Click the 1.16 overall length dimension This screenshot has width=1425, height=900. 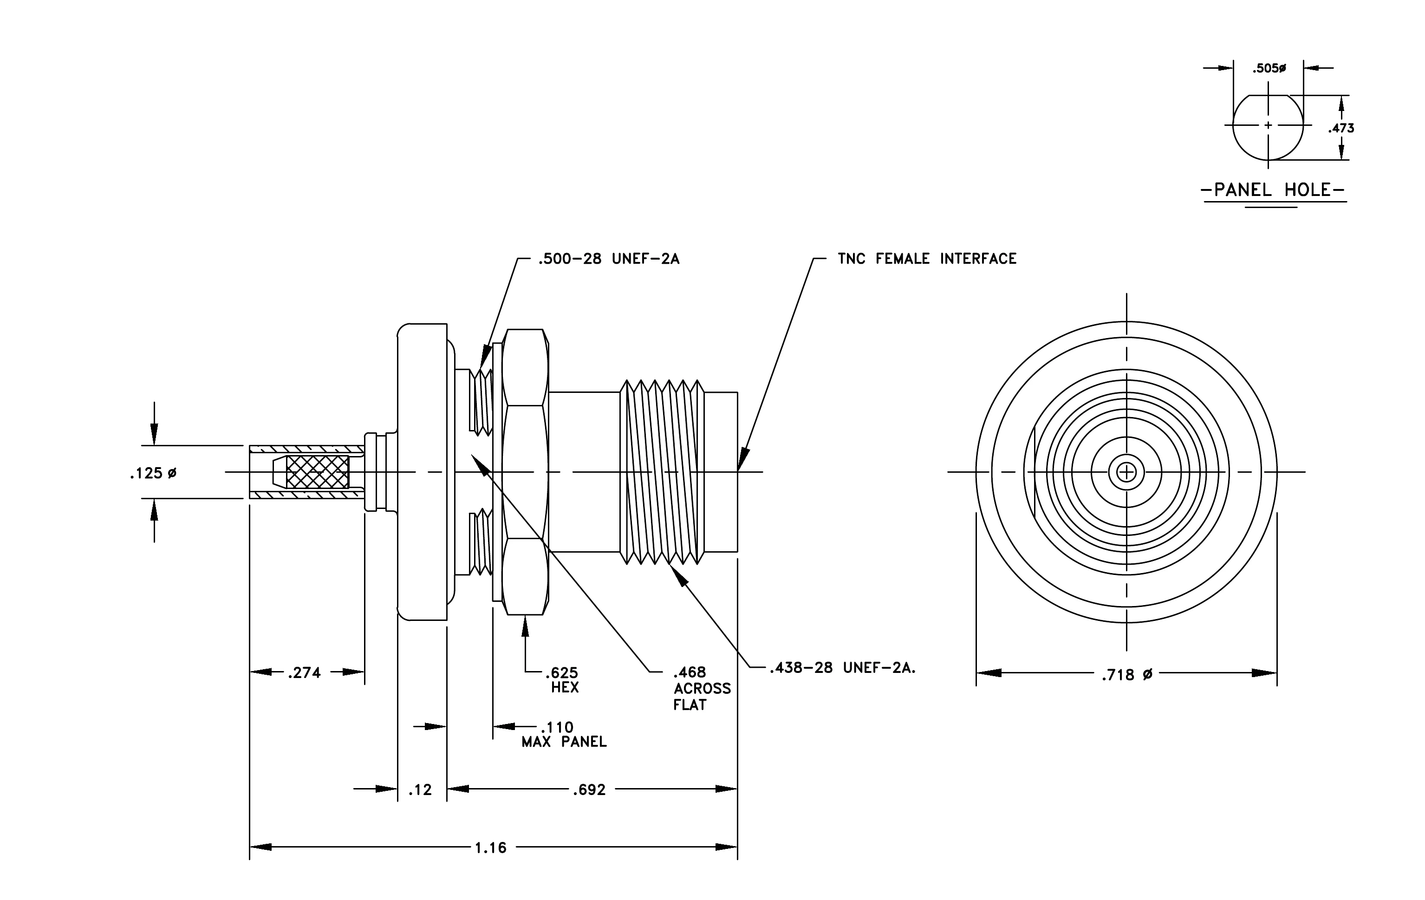(491, 848)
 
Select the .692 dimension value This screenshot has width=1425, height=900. (589, 790)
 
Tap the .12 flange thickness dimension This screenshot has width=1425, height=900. (420, 790)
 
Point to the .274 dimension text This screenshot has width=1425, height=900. (304, 673)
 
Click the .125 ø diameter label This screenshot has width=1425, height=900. (153, 473)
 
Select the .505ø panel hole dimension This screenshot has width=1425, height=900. (1269, 69)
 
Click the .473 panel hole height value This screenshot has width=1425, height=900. (1341, 128)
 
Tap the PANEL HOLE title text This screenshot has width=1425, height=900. (1273, 190)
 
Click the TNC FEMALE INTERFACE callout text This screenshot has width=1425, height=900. (927, 259)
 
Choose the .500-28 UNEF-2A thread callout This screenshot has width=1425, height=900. (608, 259)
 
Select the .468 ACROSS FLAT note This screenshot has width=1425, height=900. (702, 689)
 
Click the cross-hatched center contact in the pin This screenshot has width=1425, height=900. (317, 472)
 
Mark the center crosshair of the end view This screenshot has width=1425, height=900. (1126, 472)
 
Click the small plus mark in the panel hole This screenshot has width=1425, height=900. (1268, 125)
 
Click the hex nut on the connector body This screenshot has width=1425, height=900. (525, 472)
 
